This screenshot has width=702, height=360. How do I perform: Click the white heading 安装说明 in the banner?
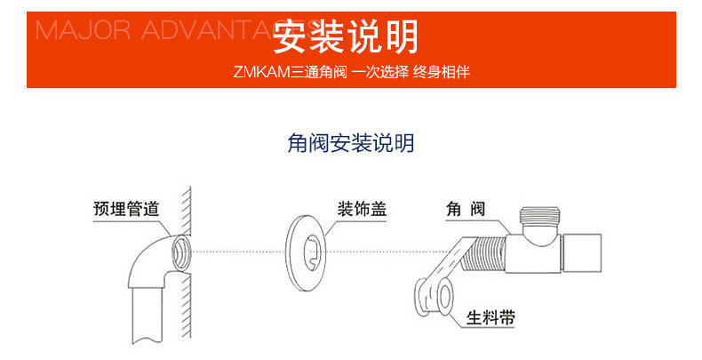point(345,36)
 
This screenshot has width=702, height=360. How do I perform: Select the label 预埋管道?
point(126,210)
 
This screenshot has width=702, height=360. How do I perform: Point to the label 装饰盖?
point(362,210)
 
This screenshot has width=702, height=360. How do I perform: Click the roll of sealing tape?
point(435,295)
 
